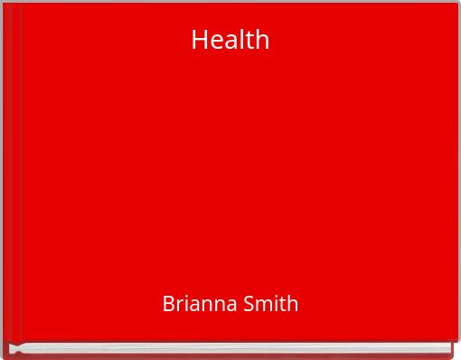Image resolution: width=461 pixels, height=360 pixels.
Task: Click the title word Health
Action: tap(230, 40)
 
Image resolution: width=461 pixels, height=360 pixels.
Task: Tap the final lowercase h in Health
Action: tap(262, 40)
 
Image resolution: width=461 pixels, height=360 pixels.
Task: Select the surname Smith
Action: tap(269, 304)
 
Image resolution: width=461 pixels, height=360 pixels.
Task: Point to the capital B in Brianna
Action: tap(168, 304)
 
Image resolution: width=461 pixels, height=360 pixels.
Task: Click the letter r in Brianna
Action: tap(179, 306)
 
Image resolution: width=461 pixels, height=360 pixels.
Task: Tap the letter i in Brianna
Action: tap(185, 304)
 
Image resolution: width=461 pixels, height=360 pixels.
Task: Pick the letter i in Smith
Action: tap(271, 304)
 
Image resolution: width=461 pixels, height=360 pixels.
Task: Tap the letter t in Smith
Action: tap(279, 305)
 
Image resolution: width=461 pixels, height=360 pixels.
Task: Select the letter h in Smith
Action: tap(291, 304)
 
